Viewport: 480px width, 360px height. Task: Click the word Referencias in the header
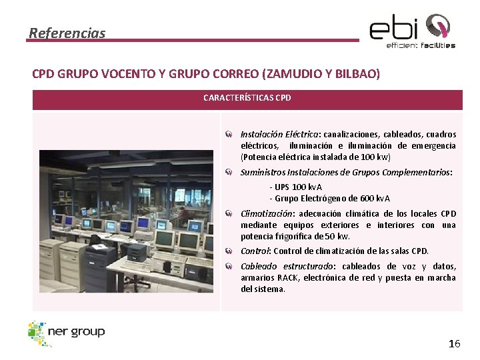67,33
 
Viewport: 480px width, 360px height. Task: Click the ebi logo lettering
394,29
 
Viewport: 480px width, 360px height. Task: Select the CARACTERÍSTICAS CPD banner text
247,98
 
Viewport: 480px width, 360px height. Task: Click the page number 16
454,344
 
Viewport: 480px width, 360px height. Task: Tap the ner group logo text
76,331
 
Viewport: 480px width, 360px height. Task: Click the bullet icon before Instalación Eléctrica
229,135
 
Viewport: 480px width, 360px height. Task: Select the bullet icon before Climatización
229,214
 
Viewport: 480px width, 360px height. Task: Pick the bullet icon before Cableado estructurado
229,267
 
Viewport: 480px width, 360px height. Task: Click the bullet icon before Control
229,251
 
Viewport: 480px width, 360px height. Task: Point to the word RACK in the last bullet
288,278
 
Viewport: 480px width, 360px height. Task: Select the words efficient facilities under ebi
421,45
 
